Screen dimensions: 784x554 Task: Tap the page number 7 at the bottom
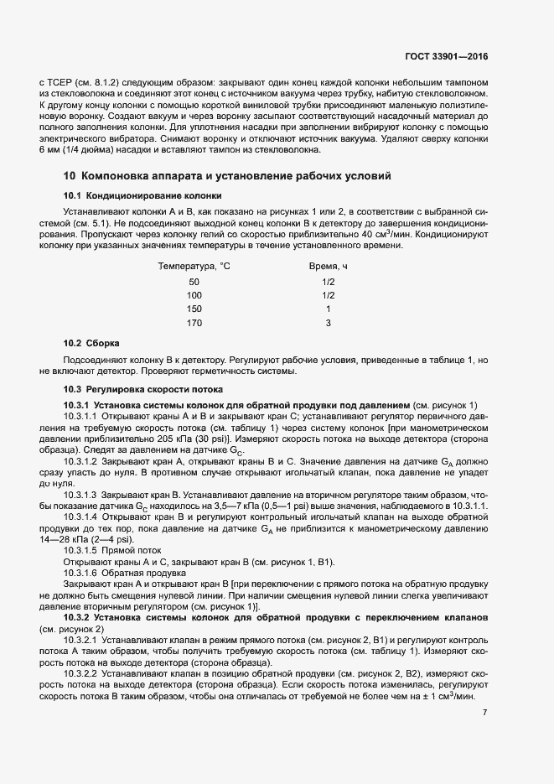pos(485,714)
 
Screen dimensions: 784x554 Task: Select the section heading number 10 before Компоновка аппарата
pos(70,176)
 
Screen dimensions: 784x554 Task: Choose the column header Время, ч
pos(328,266)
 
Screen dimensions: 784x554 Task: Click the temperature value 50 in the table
pos(194,282)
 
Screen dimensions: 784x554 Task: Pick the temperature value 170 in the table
pos(194,323)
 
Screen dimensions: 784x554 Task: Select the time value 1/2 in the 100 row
pos(329,295)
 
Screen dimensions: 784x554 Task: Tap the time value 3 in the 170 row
pos(329,323)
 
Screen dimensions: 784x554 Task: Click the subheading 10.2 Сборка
pos(92,344)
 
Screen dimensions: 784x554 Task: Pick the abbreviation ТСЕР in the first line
pos(61,83)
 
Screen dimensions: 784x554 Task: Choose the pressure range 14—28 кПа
pos(57,539)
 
